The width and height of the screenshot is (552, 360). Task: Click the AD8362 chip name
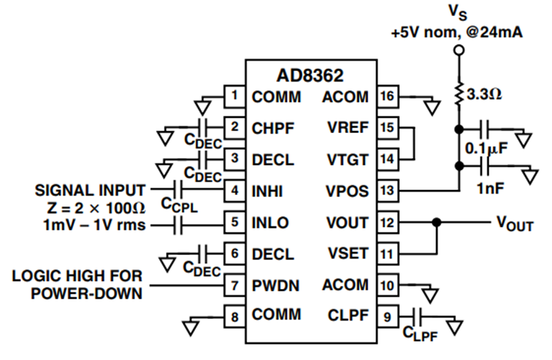[x=310, y=75]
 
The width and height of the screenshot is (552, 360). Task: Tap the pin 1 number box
[x=235, y=96]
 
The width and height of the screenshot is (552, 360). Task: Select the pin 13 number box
[x=388, y=190]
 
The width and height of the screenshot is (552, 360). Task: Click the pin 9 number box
[x=388, y=316]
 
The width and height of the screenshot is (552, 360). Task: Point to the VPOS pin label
[x=347, y=191]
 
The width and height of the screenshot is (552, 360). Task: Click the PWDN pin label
[x=275, y=285]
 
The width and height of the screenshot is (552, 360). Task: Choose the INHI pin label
[x=267, y=191]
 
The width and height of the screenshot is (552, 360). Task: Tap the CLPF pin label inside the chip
[x=348, y=315]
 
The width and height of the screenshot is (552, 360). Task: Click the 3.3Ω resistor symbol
[x=459, y=94]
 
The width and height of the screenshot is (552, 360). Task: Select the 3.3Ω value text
[x=484, y=94]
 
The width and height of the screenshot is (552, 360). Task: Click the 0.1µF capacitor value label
[x=486, y=148]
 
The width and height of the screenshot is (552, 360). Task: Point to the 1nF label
[x=491, y=189]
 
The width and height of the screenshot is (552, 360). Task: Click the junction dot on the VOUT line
[x=437, y=223]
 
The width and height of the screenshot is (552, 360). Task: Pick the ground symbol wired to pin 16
[x=432, y=108]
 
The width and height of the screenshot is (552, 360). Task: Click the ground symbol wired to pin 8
[x=191, y=327]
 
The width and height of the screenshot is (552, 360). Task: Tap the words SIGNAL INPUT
[x=90, y=190]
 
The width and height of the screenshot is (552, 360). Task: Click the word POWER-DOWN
[x=86, y=294]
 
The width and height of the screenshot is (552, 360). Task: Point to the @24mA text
[x=494, y=33]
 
